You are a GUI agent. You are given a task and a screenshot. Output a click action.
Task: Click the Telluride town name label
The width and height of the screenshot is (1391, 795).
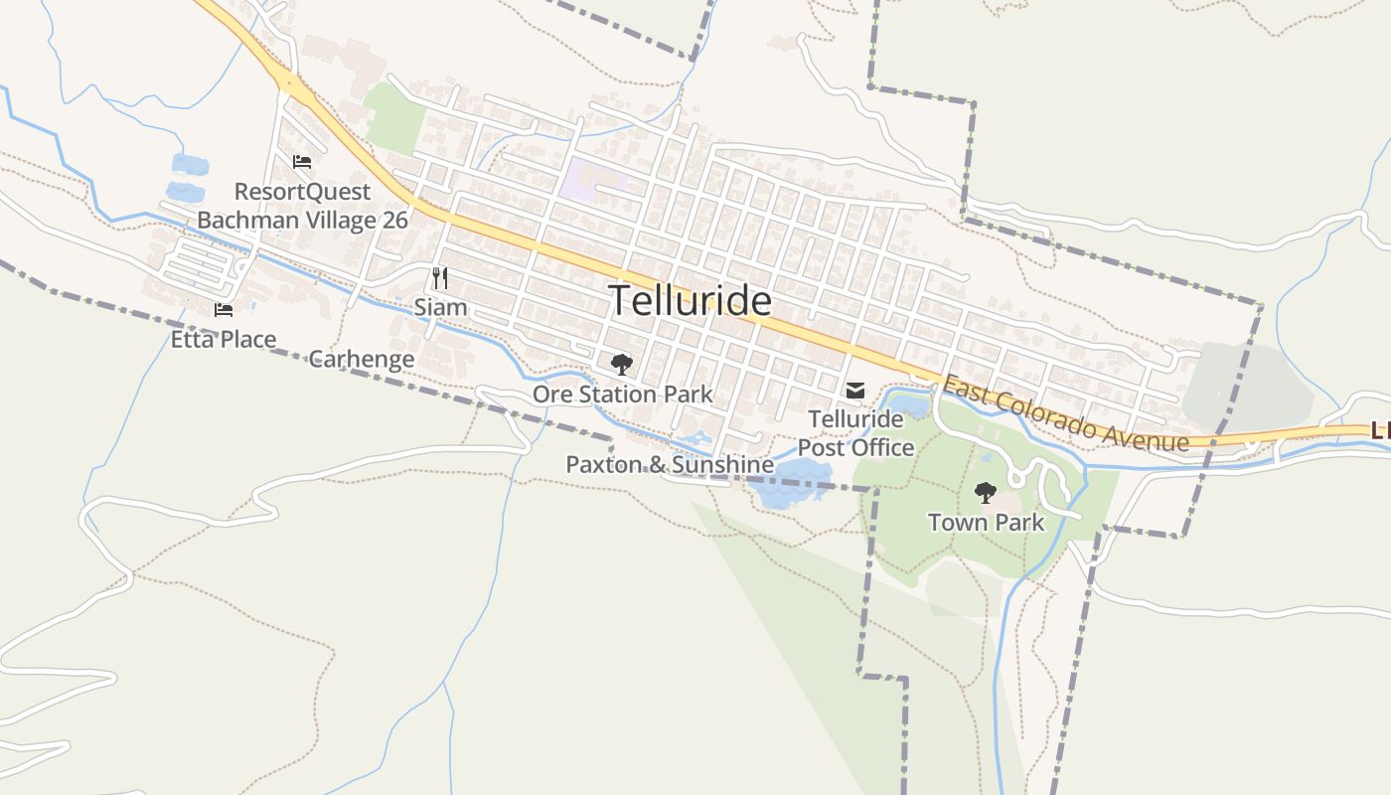[x=690, y=300]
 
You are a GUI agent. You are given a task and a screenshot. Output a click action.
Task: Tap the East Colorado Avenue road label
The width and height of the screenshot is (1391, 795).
[x=1065, y=412]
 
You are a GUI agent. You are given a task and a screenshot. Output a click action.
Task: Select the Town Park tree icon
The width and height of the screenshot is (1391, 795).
[x=985, y=492]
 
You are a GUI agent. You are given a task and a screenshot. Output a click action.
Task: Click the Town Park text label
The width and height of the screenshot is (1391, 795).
[x=986, y=522]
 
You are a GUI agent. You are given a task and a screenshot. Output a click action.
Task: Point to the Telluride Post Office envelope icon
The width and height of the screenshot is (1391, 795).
[x=855, y=391]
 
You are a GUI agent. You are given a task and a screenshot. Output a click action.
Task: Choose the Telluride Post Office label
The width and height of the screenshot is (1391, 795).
[x=855, y=433]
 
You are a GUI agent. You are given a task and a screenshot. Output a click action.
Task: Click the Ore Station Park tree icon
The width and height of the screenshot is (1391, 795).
[x=622, y=365]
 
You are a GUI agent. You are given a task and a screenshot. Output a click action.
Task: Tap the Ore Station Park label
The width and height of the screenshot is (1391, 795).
[x=622, y=395]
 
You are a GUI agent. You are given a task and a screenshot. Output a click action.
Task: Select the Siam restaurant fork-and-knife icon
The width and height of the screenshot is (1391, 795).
[x=440, y=278]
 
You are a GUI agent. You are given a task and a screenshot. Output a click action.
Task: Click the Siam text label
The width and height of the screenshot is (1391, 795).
[x=440, y=307]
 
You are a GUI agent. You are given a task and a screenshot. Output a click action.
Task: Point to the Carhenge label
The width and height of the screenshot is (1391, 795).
[x=362, y=359]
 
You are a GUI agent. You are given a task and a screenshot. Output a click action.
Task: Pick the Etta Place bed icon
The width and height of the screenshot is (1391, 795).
[x=224, y=310]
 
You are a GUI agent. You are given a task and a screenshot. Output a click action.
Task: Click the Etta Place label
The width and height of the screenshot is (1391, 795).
[x=224, y=340]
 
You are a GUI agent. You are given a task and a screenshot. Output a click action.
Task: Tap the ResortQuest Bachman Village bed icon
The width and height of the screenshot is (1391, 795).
[x=302, y=162]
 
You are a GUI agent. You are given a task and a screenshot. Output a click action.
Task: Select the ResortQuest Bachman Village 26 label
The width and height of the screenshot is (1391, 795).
[x=302, y=206]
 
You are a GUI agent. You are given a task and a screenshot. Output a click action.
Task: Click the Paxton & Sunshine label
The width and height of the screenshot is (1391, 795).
[x=670, y=464]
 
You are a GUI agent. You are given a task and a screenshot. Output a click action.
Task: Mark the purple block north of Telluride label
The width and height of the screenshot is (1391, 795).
[x=592, y=179]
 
